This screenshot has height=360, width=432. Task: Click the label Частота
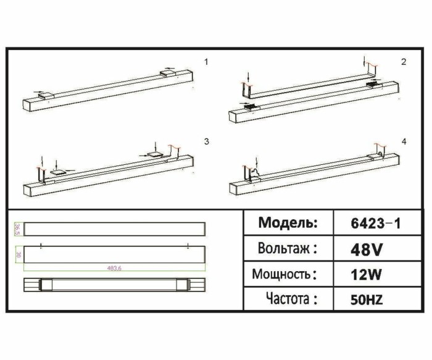click(x=292, y=299)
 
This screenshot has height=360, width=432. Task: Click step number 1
click(x=207, y=62)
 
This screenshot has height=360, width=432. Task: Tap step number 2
click(x=404, y=62)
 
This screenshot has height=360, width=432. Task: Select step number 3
click(x=207, y=141)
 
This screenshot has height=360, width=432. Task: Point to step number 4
click(x=404, y=141)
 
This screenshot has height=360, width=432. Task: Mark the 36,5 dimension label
click(x=17, y=228)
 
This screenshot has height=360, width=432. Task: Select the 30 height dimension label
click(x=18, y=254)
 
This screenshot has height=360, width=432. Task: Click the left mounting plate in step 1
click(x=46, y=95)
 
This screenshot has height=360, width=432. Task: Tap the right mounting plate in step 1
click(x=167, y=73)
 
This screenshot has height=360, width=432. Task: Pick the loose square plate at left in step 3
click(x=58, y=172)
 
